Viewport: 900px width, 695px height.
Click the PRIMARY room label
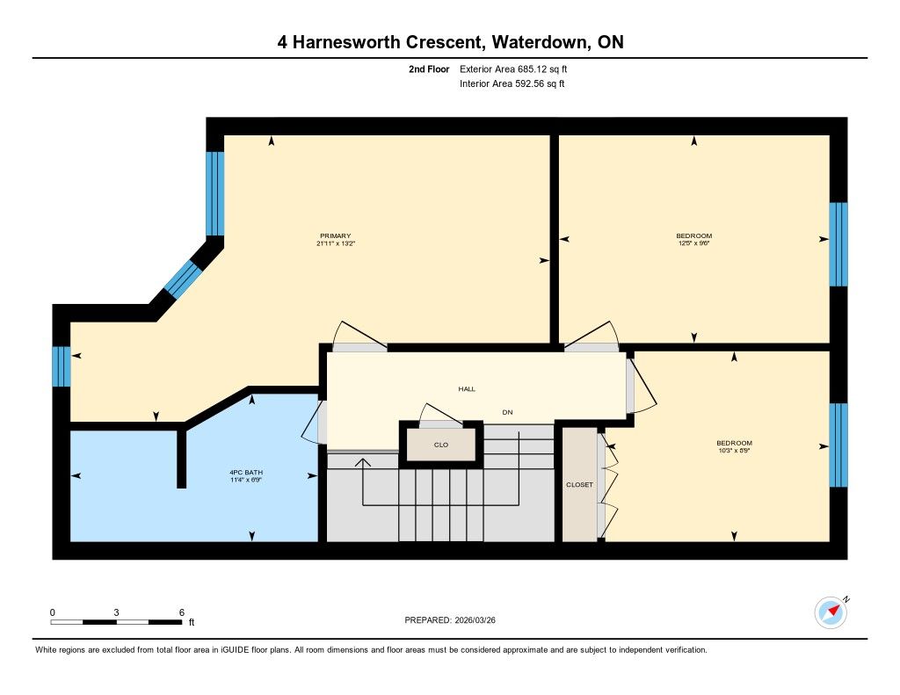[x=335, y=235]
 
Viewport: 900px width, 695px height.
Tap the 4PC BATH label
[x=246, y=473]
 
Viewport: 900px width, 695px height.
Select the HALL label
[x=467, y=389]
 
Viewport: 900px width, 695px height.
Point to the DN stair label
[x=507, y=412]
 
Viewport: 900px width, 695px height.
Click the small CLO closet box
[x=441, y=445]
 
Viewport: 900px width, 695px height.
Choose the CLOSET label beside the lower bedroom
[x=580, y=485]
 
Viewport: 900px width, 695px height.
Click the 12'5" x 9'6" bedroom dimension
[x=694, y=243]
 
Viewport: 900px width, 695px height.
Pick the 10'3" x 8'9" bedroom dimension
[x=734, y=451]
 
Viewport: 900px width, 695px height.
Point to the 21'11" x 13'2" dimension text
[x=336, y=243]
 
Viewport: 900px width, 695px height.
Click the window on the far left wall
[x=62, y=366]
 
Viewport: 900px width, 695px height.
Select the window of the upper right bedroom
[x=838, y=244]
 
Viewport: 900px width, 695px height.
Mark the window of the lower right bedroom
[x=838, y=445]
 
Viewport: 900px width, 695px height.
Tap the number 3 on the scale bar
[x=117, y=612]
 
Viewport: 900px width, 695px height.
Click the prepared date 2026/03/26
[x=475, y=620]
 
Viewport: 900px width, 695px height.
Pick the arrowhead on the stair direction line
[x=363, y=462]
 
